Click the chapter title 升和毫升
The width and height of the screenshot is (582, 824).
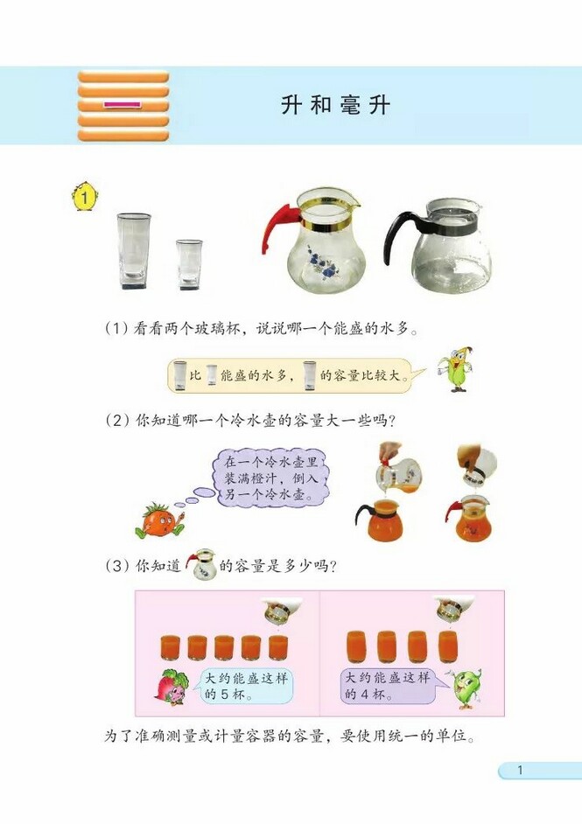(x=336, y=106)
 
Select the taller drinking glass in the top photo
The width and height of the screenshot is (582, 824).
(x=134, y=251)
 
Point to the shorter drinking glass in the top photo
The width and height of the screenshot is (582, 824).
(x=189, y=263)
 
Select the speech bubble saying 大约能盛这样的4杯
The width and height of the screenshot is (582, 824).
(x=389, y=687)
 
